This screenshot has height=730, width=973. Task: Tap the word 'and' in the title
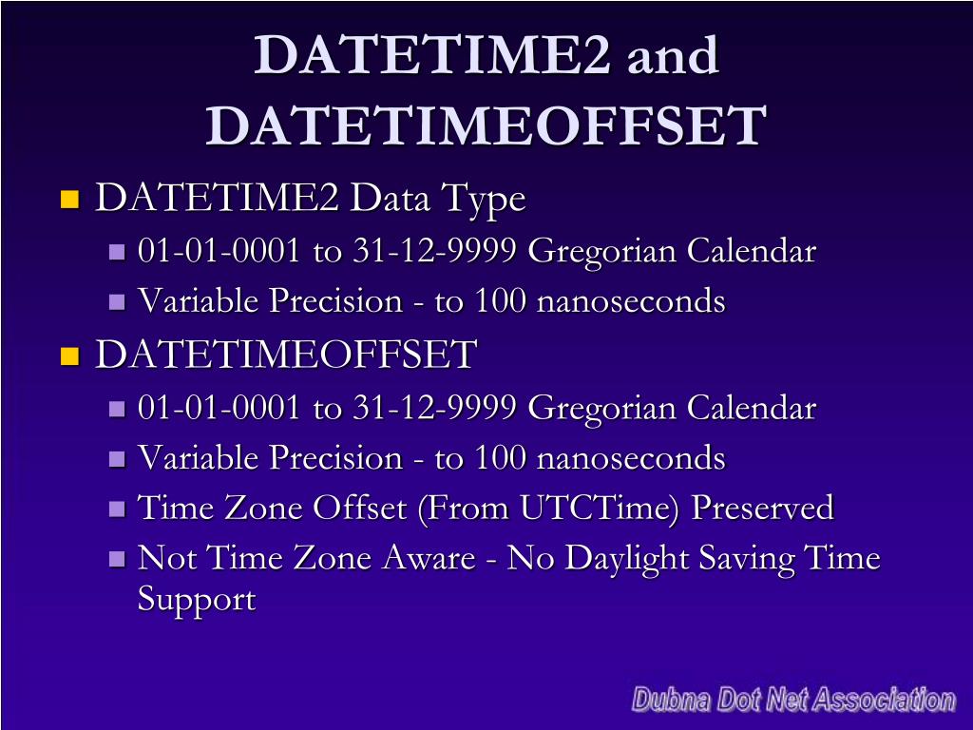coord(672,55)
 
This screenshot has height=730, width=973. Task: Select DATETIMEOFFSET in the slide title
coord(486,125)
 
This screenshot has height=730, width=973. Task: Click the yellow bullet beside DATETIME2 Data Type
coord(68,200)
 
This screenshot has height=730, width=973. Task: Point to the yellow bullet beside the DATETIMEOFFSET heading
coord(68,356)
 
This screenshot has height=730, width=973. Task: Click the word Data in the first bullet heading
coord(390,199)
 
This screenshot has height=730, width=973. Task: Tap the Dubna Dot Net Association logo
coord(793,701)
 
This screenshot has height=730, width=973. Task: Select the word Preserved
coord(762,508)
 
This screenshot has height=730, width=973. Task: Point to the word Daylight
coord(627,558)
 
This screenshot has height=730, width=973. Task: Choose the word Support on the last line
coord(197,600)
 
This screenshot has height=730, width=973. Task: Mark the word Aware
coord(428,558)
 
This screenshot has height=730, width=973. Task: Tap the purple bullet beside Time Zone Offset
coord(118,509)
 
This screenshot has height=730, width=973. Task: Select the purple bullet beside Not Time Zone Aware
coord(118,559)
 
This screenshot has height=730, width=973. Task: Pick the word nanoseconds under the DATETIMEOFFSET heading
coord(631,458)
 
